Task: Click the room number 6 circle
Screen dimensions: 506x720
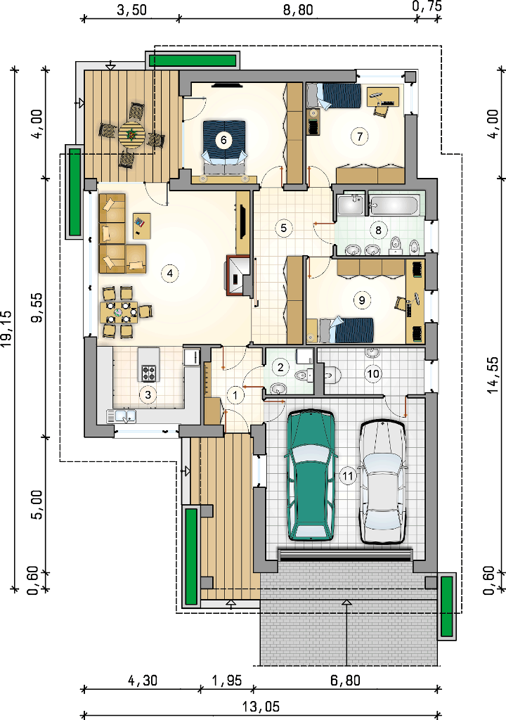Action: pos(223,140)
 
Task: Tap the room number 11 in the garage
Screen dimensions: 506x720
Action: pos(348,476)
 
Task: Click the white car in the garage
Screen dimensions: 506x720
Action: pos(382,482)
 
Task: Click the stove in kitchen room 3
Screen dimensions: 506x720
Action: pos(148,373)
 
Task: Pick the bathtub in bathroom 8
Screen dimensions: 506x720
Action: pos(395,205)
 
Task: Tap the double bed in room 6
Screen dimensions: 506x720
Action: pos(224,146)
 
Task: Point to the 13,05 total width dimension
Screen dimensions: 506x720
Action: pos(261,707)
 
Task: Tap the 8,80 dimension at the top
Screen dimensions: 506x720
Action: pos(298,9)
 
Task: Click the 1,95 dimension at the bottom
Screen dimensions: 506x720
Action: pos(227,681)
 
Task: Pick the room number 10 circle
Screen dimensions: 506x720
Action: pos(373,374)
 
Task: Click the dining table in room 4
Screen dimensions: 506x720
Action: pos(119,312)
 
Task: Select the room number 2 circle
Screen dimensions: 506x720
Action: pos(280,366)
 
